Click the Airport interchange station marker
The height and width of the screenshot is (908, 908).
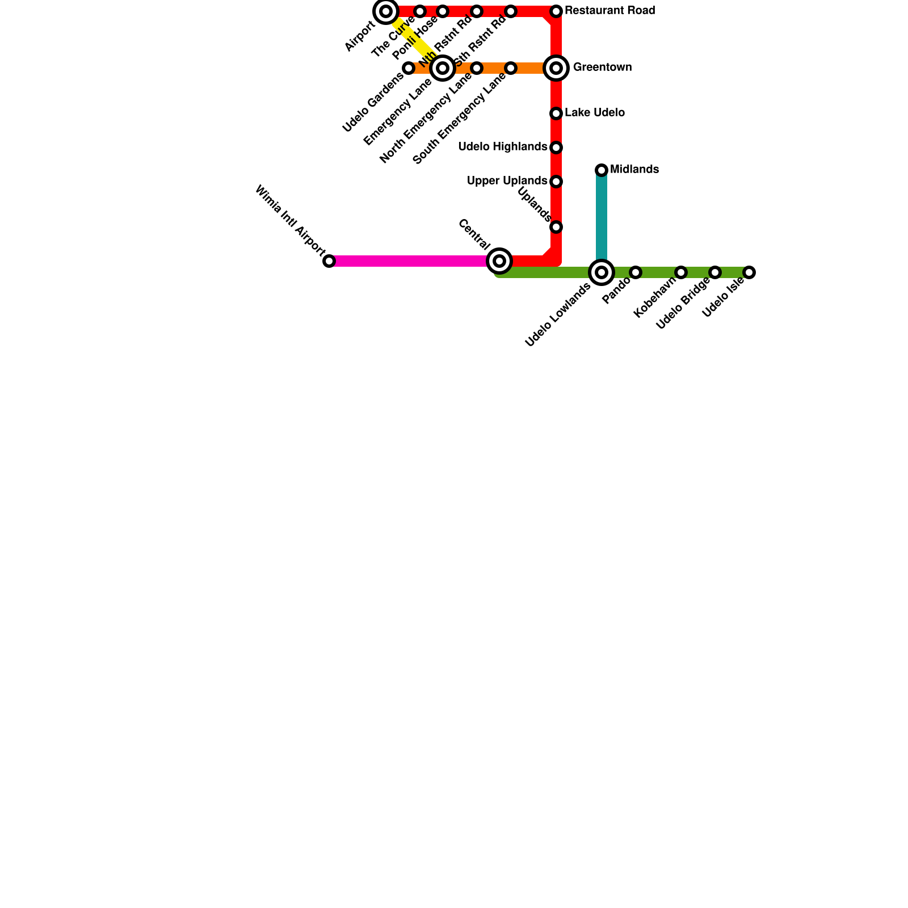[386, 11]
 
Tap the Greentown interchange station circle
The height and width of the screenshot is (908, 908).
[556, 68]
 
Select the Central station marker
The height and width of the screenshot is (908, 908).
[499, 261]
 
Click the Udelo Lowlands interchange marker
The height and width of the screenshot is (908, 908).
[602, 272]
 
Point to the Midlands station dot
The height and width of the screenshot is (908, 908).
[602, 170]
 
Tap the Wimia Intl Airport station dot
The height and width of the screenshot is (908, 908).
[329, 261]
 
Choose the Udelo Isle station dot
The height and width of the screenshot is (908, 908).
[749, 272]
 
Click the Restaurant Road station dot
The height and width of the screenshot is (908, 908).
[556, 11]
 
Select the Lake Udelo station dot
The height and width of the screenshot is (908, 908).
[556, 113]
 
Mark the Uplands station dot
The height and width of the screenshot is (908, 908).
[556, 227]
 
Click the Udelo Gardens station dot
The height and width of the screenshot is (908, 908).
[409, 68]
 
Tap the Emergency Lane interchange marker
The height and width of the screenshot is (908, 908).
[443, 68]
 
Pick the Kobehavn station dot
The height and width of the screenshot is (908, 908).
[681, 272]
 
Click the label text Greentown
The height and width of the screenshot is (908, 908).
[602, 68]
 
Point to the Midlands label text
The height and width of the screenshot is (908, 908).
[634, 170]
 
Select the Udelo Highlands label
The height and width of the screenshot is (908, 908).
[502, 147]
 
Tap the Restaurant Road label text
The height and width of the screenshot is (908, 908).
[609, 11]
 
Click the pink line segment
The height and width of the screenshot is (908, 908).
[409, 261]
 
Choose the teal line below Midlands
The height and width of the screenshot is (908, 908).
[602, 216]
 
